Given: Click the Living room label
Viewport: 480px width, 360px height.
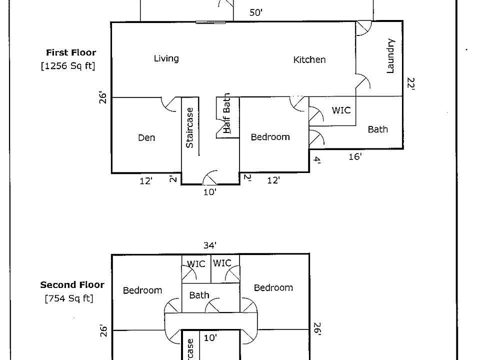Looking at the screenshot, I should (166, 58).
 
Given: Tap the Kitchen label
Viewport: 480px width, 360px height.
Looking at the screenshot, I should (309, 59).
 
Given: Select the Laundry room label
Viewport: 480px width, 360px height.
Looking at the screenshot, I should (391, 56).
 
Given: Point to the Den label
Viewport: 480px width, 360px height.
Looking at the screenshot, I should (146, 137).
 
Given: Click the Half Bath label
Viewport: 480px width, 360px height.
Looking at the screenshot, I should (227, 113).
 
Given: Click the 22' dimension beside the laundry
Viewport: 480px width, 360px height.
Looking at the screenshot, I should (411, 83).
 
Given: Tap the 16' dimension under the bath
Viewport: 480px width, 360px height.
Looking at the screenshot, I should (355, 157).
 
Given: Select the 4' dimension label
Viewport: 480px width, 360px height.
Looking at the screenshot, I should (316, 160).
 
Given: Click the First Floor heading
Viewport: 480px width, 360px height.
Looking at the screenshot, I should (71, 52).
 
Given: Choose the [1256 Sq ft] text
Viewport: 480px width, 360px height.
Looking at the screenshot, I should (67, 65).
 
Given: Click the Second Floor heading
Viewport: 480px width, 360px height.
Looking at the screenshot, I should (72, 285).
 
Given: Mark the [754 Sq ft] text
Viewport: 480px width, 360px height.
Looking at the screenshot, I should (68, 299).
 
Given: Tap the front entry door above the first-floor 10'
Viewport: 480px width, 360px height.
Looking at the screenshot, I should (210, 178).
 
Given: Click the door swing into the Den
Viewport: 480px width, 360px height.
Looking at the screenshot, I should (168, 103).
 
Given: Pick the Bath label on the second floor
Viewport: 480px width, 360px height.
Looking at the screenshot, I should (199, 295).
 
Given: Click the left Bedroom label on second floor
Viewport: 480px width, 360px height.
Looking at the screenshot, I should (142, 290).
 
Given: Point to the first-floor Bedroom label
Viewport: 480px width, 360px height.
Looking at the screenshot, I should (270, 137).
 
